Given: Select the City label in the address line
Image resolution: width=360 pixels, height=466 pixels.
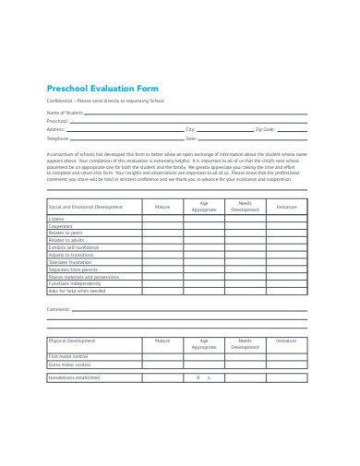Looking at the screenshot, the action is [x=190, y=129].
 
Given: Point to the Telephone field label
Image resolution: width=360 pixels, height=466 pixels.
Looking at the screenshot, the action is [x=57, y=137].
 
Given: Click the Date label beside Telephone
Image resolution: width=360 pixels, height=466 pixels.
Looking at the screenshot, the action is [x=191, y=137].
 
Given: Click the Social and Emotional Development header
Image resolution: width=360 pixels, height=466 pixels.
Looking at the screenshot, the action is [x=85, y=208].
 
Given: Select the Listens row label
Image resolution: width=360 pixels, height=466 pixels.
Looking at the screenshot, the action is [x=56, y=219].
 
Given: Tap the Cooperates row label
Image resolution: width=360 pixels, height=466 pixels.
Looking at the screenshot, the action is [x=61, y=226].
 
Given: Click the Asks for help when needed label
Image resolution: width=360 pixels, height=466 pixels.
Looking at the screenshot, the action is [x=77, y=291].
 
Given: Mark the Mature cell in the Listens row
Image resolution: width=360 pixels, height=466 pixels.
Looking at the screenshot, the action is [x=162, y=219].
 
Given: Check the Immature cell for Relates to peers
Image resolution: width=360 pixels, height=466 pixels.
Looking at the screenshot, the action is [x=286, y=233].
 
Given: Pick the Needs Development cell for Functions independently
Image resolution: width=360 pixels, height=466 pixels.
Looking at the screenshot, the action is [x=245, y=283].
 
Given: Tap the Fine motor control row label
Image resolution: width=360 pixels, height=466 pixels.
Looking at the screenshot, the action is [x=68, y=356].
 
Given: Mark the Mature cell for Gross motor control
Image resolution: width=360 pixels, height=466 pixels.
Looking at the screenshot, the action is [x=162, y=364].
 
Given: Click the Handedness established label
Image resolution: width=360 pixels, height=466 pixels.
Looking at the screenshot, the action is [x=74, y=377].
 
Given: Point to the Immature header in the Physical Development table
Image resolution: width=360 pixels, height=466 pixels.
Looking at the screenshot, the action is [x=286, y=341].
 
